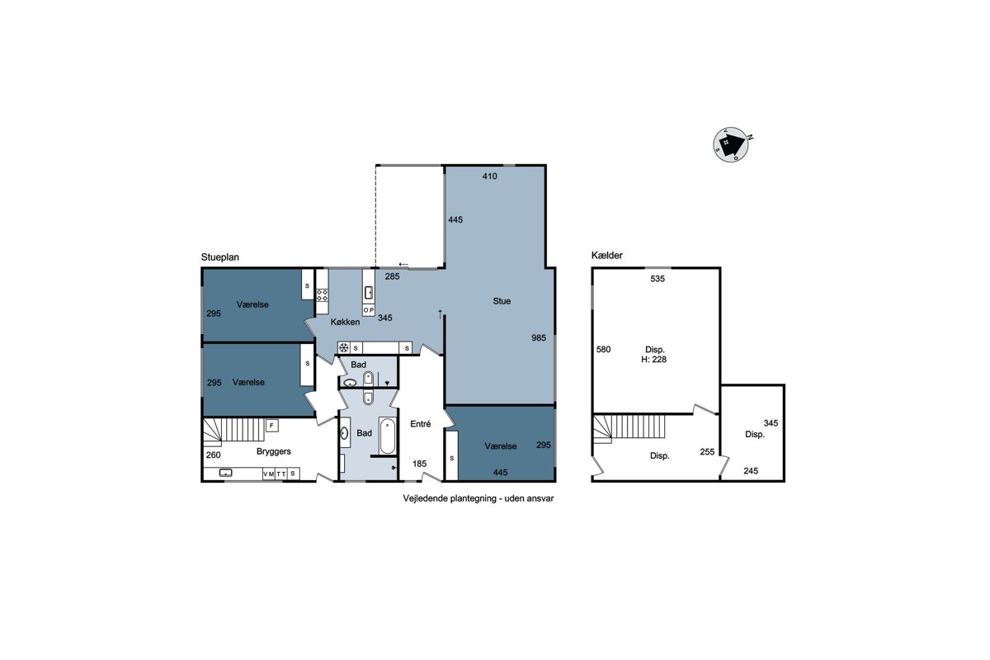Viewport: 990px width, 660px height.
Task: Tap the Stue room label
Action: point(502,301)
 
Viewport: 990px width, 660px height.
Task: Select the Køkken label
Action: point(345,323)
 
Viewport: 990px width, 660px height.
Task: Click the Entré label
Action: point(420,424)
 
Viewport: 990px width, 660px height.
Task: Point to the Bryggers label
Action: point(274,451)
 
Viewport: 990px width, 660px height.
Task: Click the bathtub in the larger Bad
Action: point(388,436)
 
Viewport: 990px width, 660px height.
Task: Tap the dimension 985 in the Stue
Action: point(539,337)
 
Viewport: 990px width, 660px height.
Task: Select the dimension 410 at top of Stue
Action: point(490,176)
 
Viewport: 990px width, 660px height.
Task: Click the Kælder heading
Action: point(607,255)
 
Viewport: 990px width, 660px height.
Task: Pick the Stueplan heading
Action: point(220,257)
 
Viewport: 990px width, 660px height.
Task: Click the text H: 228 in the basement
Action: point(653,360)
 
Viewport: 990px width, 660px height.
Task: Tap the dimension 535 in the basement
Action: point(658,279)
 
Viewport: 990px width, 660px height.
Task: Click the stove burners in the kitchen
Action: point(323,295)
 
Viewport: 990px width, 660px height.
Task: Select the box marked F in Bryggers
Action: point(271,426)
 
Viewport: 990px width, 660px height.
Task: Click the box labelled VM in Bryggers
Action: point(269,474)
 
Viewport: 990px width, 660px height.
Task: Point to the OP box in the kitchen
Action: point(369,310)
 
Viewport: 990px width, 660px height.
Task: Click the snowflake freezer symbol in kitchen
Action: point(343,348)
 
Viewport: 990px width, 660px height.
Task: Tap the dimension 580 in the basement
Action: point(603,349)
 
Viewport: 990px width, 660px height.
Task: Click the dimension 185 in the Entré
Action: point(419,464)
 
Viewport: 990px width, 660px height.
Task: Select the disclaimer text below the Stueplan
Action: point(478,498)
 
